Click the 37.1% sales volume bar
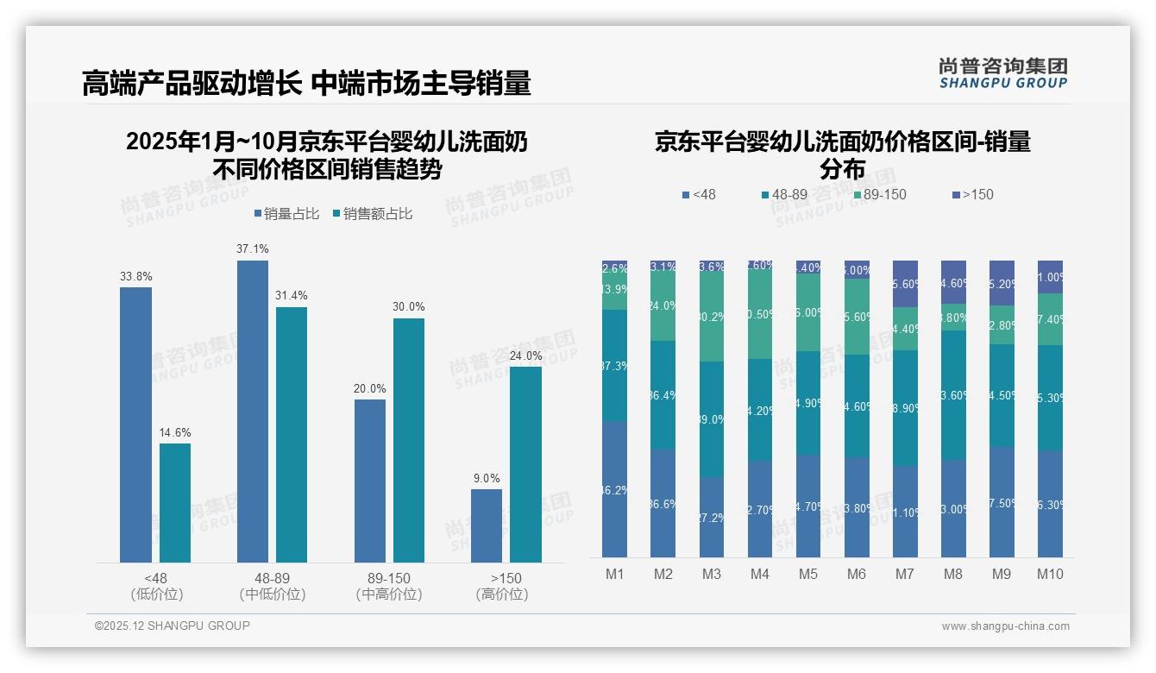253,412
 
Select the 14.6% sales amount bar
175,503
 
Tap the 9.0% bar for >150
487,525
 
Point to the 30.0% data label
408,307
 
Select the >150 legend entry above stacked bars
972,195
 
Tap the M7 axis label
905,574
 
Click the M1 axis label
615,574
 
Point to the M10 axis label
1050,574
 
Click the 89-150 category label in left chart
389,578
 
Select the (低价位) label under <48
156,594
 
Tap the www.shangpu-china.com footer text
1005,626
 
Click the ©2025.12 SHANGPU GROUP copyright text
173,626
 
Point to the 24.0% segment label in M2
663,305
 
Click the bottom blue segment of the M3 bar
712,517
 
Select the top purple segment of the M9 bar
1002,282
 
